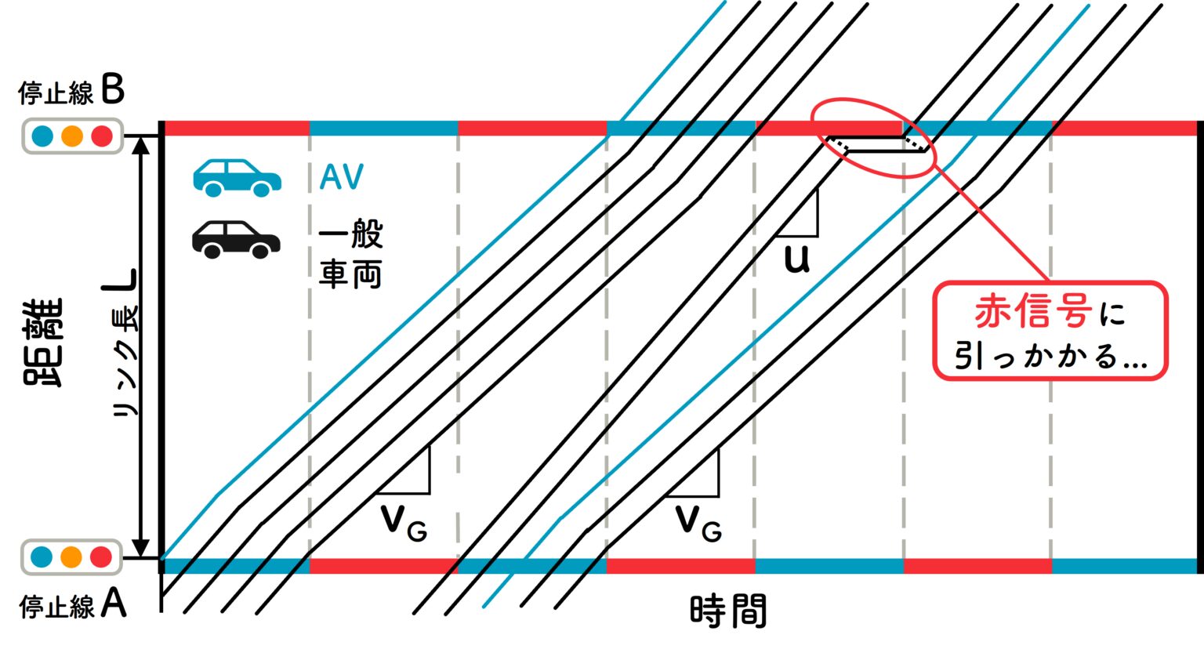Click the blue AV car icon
pyautogui.click(x=237, y=178)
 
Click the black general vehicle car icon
pyautogui.click(x=236, y=239)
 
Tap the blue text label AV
pyautogui.click(x=342, y=178)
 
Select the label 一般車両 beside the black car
pyautogui.click(x=350, y=254)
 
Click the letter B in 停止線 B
pyautogui.click(x=113, y=90)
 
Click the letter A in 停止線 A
pyautogui.click(x=113, y=604)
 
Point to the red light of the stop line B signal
pyautogui.click(x=102, y=136)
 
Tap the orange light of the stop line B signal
pyautogui.click(x=72, y=136)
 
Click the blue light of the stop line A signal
pyautogui.click(x=42, y=557)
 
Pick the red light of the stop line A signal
pyautogui.click(x=101, y=557)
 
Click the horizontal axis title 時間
pyautogui.click(x=727, y=611)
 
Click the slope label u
pyautogui.click(x=796, y=259)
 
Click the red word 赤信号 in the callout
pyautogui.click(x=1033, y=312)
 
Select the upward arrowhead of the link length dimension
pyautogui.click(x=141, y=144)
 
